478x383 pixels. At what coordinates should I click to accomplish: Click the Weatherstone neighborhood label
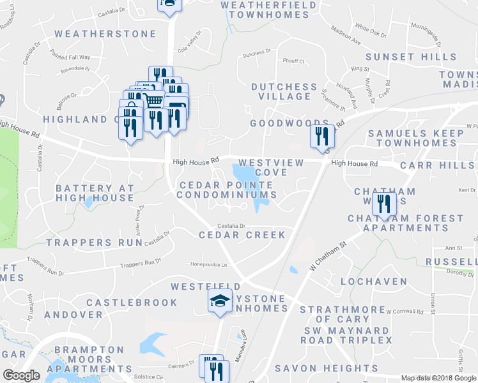point(105,34)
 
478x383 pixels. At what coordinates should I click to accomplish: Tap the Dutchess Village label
point(284,91)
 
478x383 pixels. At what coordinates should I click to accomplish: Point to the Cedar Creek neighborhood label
point(242,235)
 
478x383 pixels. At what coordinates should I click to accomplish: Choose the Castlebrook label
point(132,302)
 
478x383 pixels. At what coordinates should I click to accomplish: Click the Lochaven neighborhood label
point(374,281)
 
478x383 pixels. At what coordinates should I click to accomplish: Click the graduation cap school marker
point(220,301)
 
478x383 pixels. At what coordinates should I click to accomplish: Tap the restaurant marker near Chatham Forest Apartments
point(383,204)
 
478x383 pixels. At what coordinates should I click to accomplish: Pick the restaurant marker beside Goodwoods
point(320,136)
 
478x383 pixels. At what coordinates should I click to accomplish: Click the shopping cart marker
point(153,101)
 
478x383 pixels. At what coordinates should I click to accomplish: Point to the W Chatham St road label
point(328,255)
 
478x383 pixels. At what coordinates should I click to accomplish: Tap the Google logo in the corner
point(21,375)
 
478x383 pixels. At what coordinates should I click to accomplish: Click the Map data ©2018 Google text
point(438,378)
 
